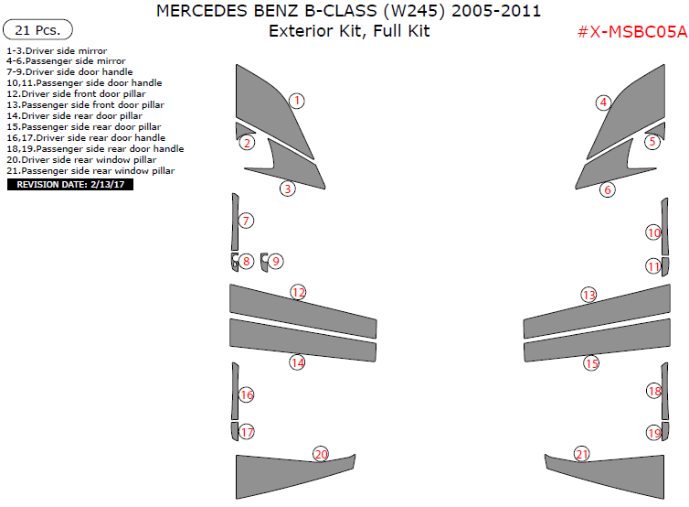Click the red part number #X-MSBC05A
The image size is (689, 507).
[631, 32]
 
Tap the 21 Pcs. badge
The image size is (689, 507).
[37, 30]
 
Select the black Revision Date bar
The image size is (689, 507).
[70, 184]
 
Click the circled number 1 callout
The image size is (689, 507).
[297, 101]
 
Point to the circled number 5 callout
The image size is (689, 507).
[652, 142]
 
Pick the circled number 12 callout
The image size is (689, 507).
[299, 292]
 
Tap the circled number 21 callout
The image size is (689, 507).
[582, 454]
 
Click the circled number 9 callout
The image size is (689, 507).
[276, 262]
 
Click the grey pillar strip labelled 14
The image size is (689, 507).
[302, 340]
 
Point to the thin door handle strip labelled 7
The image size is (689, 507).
[235, 221]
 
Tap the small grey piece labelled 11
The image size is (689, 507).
[665, 266]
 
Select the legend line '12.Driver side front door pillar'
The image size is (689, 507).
[76, 93]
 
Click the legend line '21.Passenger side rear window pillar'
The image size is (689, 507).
[90, 171]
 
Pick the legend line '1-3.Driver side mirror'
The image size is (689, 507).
[57, 51]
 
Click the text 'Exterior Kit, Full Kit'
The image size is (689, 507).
[349, 31]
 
